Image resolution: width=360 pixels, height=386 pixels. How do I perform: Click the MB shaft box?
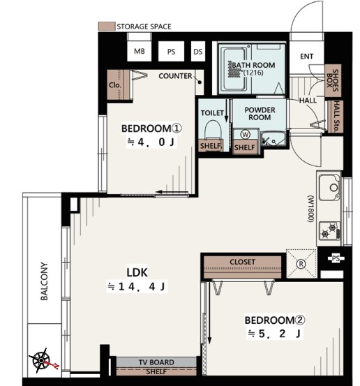(140, 51)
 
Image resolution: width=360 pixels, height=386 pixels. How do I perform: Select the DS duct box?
(198, 51)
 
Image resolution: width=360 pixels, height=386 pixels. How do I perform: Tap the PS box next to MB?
(171, 51)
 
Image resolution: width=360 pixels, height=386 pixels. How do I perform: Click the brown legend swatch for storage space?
(107, 27)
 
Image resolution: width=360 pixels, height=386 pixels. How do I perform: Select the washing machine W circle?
(245, 135)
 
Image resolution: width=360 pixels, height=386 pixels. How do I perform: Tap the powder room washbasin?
(273, 139)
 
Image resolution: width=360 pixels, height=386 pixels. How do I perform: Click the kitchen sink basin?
(330, 188)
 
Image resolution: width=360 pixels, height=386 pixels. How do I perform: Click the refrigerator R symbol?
(301, 264)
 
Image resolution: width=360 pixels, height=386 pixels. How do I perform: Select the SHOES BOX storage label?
(333, 80)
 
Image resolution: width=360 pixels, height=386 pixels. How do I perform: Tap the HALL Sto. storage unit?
(336, 117)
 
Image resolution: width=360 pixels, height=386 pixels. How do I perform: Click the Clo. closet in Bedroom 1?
(119, 84)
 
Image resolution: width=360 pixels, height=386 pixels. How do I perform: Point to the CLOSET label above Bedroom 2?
(242, 262)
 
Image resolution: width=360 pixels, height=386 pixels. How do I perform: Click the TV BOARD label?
(156, 362)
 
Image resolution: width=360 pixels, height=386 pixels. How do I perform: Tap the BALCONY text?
(44, 281)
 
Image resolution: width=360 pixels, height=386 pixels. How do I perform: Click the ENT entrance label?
(306, 57)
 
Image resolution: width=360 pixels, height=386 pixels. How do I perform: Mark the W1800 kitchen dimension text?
(310, 209)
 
